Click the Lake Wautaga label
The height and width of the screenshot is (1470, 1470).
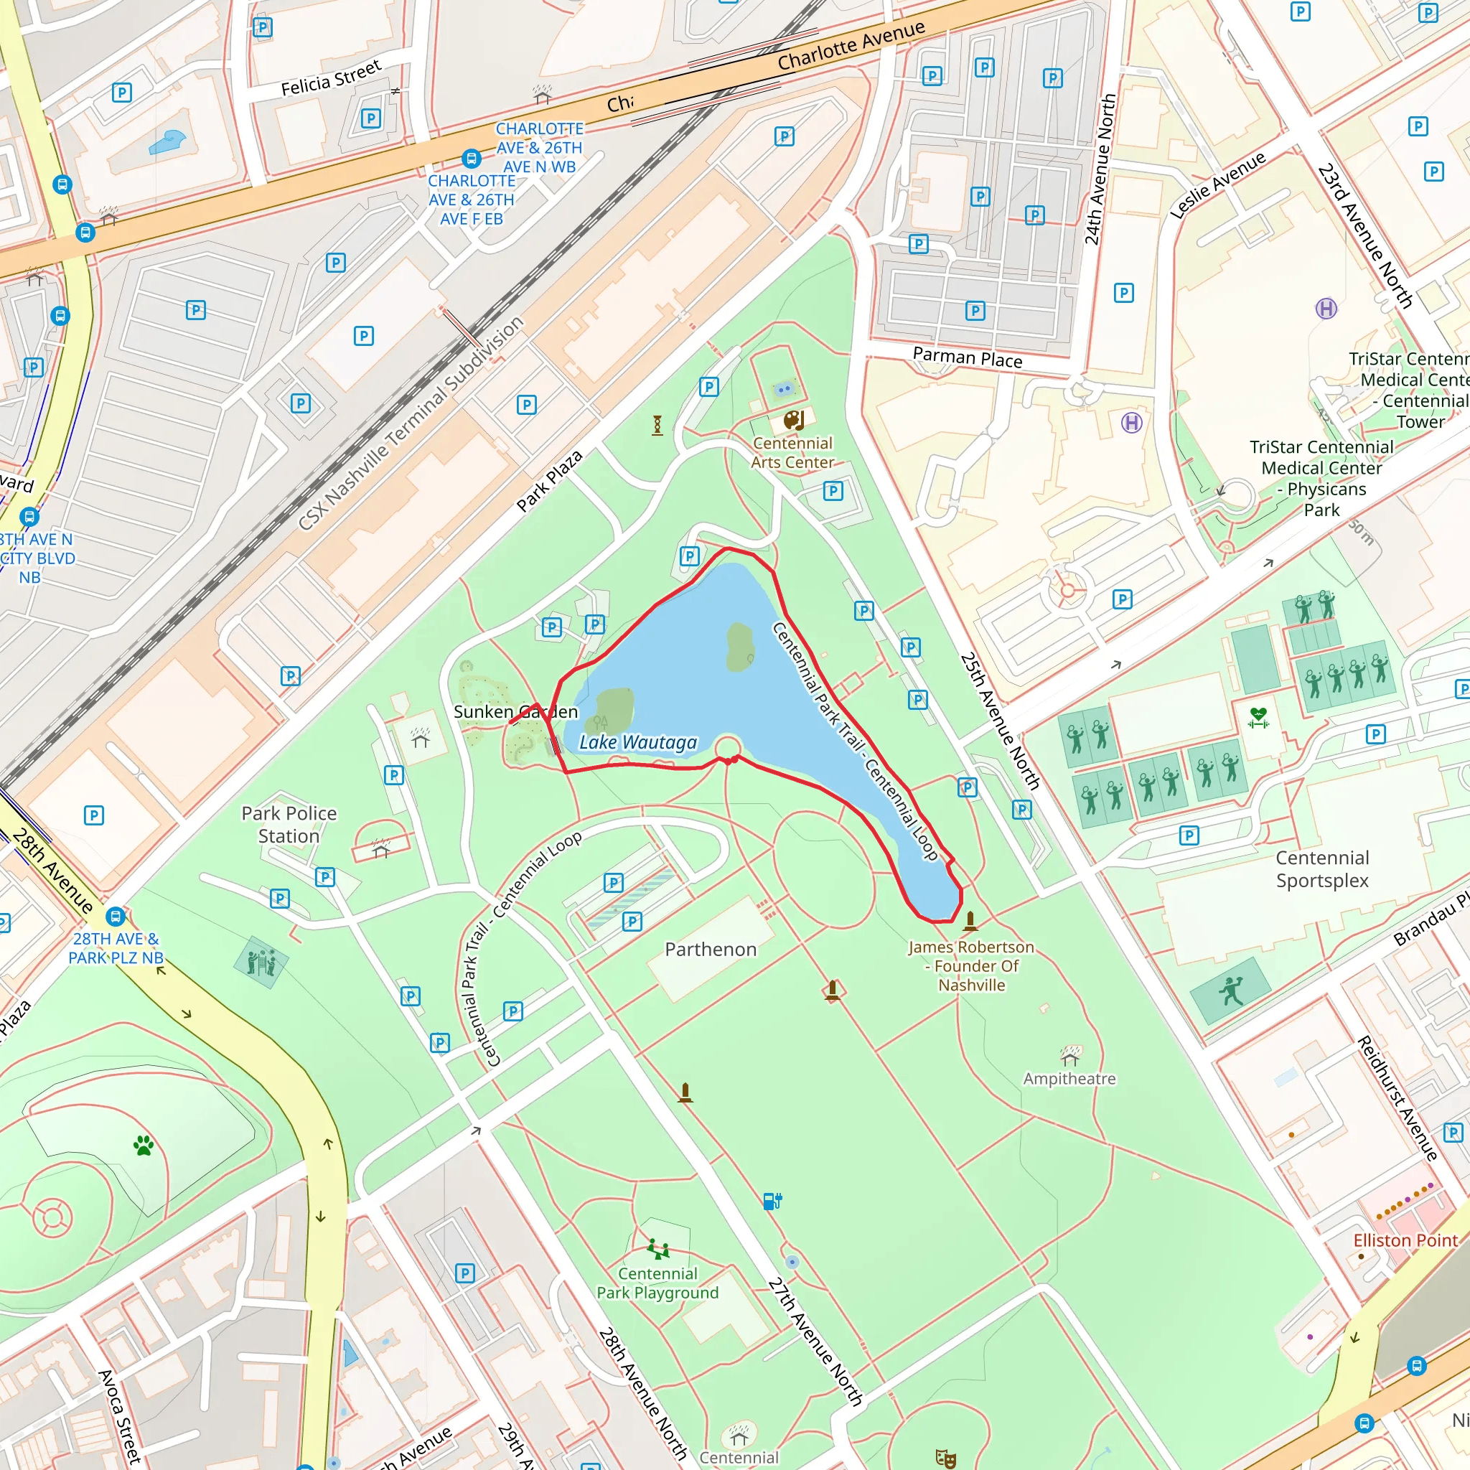click(x=637, y=743)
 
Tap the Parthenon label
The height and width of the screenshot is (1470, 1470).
click(x=711, y=949)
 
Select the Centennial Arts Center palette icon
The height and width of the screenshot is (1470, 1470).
click(x=793, y=421)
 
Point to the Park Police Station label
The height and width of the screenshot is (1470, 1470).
click(x=289, y=824)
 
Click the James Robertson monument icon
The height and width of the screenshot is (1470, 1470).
click(x=970, y=922)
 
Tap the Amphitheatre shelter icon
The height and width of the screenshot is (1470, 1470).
click(x=1070, y=1055)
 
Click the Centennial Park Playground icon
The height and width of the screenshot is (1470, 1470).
click(x=657, y=1249)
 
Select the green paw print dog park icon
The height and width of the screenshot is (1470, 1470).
click(x=144, y=1145)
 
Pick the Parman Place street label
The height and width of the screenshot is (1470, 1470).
click(x=967, y=357)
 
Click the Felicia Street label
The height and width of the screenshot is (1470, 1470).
click(x=331, y=78)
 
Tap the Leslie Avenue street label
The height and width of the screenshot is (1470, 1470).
click(x=1217, y=185)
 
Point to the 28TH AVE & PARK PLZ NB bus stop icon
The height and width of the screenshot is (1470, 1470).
click(x=116, y=916)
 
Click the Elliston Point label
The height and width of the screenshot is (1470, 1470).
click(x=1405, y=1240)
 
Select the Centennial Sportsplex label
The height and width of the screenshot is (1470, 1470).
click(x=1321, y=869)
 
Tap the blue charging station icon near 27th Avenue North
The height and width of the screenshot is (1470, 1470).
click(x=772, y=1202)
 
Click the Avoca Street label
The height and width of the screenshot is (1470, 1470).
click(x=120, y=1416)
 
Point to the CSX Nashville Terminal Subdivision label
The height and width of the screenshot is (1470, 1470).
click(x=410, y=423)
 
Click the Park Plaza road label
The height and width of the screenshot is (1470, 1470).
click(x=549, y=480)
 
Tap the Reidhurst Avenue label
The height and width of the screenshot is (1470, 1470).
click(x=1398, y=1098)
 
